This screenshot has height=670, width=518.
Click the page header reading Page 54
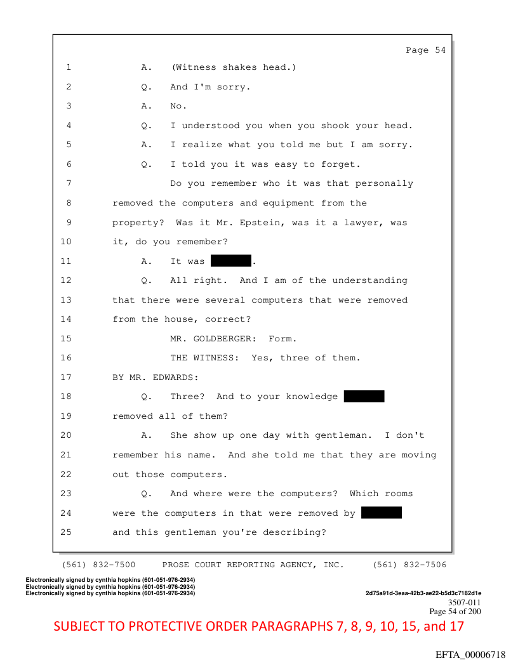pos(425,50)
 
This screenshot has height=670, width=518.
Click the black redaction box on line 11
pos(231,261)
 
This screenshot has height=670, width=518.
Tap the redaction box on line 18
pos(364,397)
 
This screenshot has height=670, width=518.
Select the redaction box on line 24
pos(381,513)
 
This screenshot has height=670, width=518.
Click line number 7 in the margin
pos(68,183)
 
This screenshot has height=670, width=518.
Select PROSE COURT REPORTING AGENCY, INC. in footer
pos(253,565)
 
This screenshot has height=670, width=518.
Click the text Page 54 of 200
pos(455,612)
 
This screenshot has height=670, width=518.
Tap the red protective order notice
pos(259,627)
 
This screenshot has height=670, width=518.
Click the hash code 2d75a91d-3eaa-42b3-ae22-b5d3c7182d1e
pos(423,593)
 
